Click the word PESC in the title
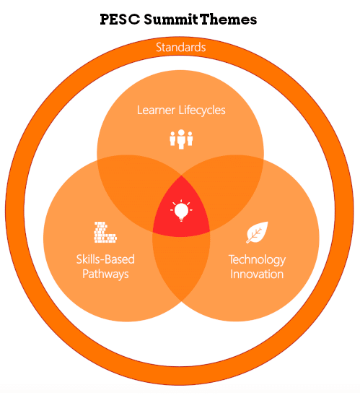(120, 20)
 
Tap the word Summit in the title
(171, 20)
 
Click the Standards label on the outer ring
(181, 47)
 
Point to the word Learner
(156, 111)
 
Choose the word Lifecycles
(202, 111)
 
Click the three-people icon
(181, 139)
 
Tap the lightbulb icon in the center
(181, 210)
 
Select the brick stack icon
(105, 232)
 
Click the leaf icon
(257, 233)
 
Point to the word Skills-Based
(105, 259)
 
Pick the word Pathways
(105, 274)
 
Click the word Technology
(257, 259)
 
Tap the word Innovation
(257, 274)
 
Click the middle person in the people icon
(181, 139)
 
